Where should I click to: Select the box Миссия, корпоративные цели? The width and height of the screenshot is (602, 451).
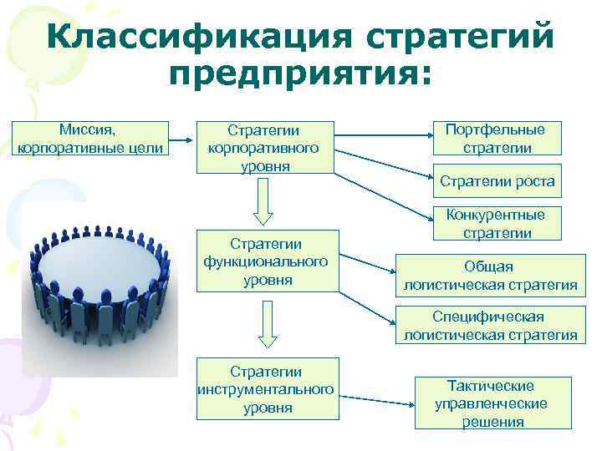click(93, 139)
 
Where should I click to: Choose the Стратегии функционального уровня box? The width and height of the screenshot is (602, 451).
click(268, 261)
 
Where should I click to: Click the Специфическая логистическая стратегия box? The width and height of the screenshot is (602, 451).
click(490, 327)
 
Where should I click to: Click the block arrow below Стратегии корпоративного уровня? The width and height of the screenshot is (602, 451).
click(263, 203)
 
